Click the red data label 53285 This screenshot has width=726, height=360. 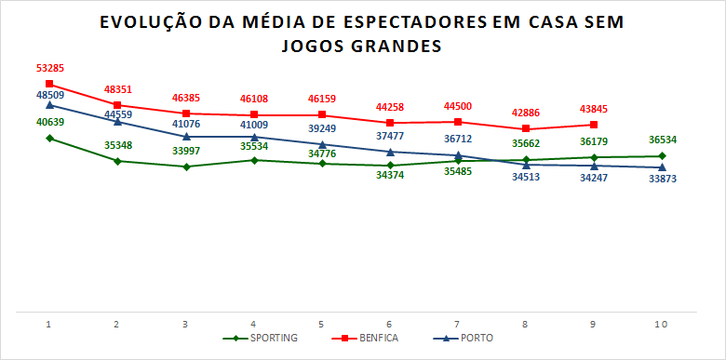(49, 68)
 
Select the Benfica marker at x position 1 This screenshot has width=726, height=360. (49, 85)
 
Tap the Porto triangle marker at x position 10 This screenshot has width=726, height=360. (662, 167)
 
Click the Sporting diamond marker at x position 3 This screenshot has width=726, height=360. (186, 167)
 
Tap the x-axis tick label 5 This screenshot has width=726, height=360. (321, 324)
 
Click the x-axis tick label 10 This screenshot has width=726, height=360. (662, 324)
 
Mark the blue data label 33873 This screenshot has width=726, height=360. (662, 179)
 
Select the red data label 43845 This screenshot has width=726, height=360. (594, 108)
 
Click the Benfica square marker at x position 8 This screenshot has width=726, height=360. (526, 128)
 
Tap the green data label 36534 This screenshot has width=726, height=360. (662, 140)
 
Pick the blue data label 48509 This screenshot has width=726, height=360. (49, 94)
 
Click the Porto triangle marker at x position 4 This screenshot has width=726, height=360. (254, 137)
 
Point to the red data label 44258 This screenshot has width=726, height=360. (390, 106)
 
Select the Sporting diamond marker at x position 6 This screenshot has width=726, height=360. (390, 165)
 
